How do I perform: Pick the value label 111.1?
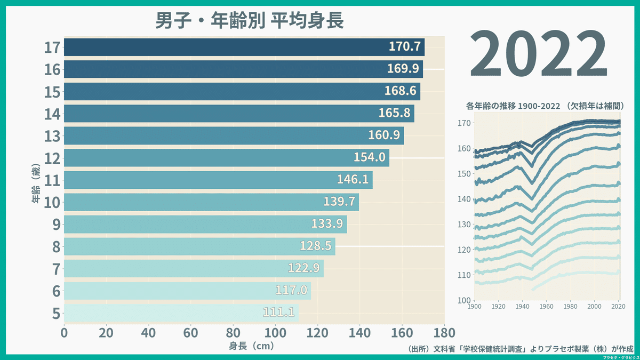coord(279,312)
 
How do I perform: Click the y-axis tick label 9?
coord(55,225)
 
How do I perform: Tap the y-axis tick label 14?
coord(52,114)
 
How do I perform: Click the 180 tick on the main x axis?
coord(444,333)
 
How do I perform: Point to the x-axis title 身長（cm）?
coord(251,346)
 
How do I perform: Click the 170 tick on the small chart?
coord(465,123)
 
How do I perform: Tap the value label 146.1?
coord(353,179)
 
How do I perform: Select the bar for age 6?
coord(187,290)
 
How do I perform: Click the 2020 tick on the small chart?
coord(618,307)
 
